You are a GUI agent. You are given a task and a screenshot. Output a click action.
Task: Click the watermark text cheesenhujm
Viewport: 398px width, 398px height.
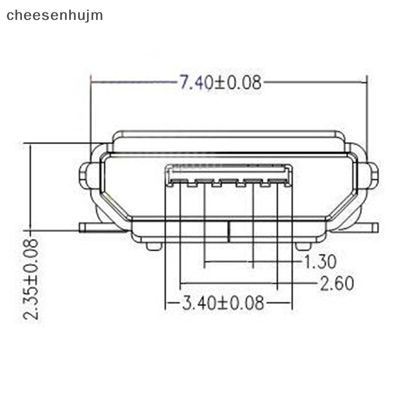[55, 15]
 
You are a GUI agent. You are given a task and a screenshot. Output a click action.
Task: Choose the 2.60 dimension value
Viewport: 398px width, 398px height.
[336, 283]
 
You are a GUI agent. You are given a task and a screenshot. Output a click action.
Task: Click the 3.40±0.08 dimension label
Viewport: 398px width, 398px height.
[222, 303]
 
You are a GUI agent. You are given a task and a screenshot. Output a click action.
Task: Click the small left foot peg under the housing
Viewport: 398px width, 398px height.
[154, 246]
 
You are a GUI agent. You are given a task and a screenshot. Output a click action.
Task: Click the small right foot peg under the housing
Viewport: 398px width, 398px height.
[303, 246]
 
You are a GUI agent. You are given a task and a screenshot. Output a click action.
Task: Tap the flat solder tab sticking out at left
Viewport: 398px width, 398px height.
[97, 227]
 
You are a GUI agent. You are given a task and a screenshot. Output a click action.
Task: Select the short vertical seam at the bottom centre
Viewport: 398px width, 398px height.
[228, 231]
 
